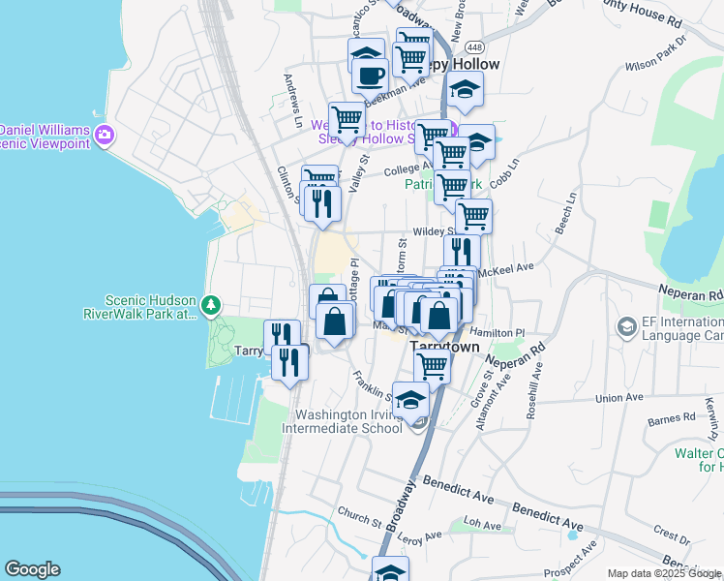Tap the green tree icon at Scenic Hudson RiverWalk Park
point(211,307)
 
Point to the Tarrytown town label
point(447,346)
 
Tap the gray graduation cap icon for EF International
point(625,327)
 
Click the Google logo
point(32,569)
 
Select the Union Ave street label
point(619,398)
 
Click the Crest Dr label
point(671,533)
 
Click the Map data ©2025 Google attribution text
point(664,573)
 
